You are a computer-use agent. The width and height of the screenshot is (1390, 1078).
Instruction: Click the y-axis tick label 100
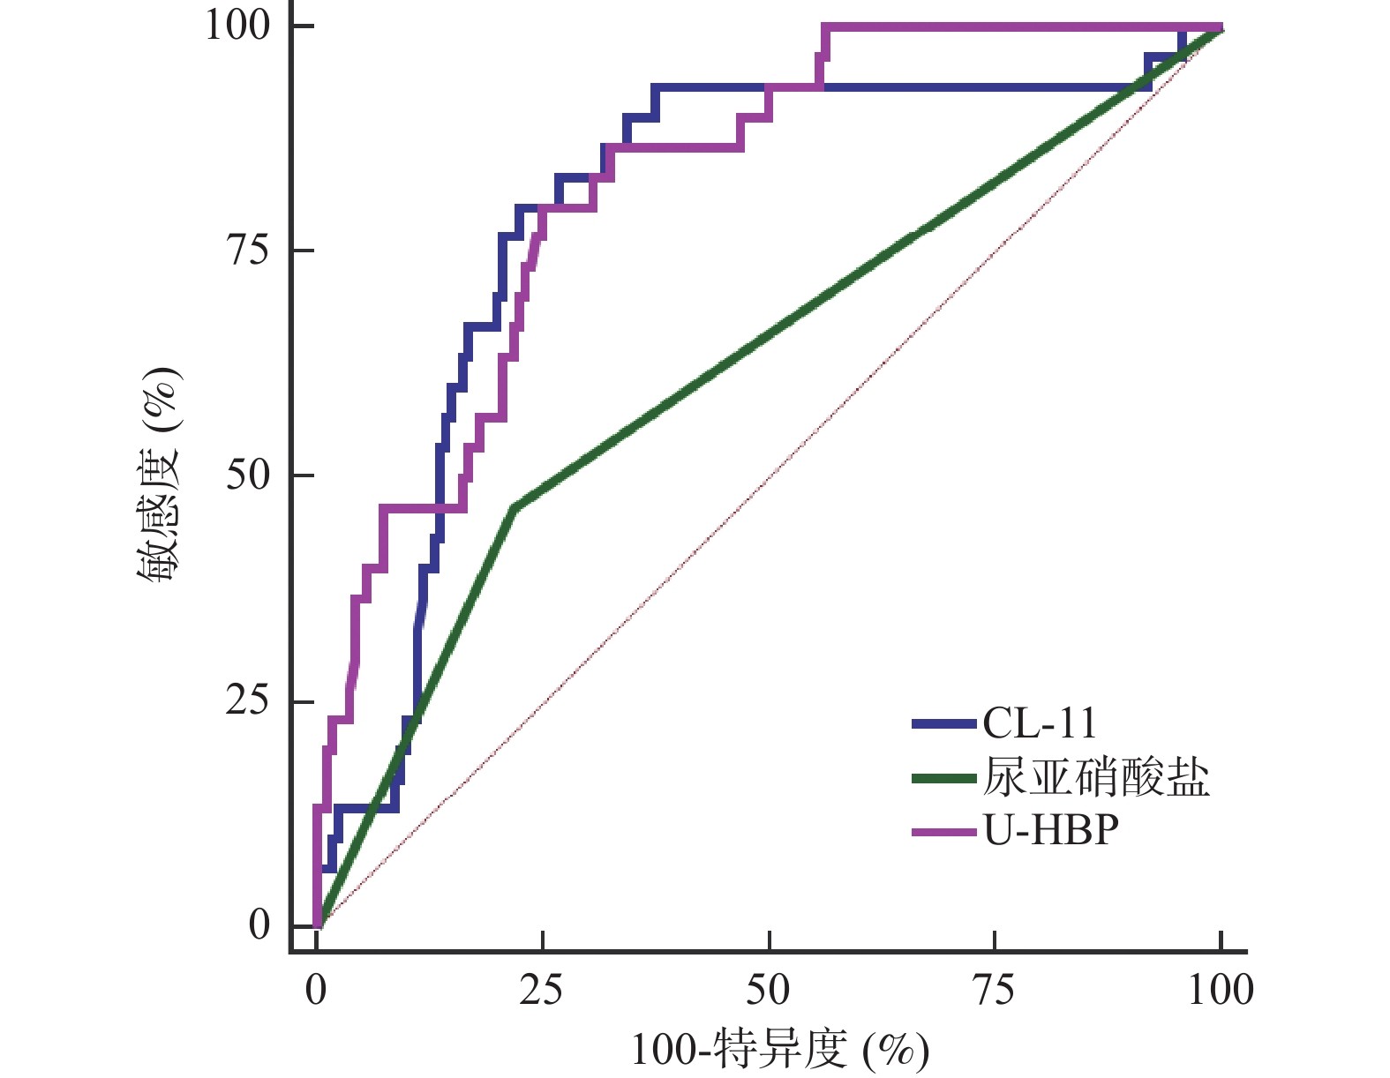(x=237, y=25)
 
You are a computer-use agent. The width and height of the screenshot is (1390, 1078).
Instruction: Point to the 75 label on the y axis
(x=248, y=251)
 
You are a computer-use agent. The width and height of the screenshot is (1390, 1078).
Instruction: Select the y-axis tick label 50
(x=248, y=475)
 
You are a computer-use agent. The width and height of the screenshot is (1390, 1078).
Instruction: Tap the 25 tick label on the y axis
(x=248, y=701)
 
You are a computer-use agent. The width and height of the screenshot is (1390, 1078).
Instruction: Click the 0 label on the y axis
(x=259, y=925)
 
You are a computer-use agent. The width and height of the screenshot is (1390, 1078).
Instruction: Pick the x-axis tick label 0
(x=316, y=991)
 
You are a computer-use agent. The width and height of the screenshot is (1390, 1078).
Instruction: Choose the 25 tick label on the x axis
(x=541, y=991)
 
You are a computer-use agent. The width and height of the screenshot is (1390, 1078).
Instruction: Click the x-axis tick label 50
(x=768, y=991)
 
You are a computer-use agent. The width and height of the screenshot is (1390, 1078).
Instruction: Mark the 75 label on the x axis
(x=994, y=991)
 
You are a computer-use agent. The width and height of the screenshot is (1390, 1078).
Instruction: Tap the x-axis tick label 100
(x=1220, y=991)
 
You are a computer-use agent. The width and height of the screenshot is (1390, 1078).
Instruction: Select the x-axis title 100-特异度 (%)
(x=780, y=1050)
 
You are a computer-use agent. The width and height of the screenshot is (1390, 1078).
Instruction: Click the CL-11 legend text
(x=1040, y=724)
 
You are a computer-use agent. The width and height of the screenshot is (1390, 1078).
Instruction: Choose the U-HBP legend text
(x=1050, y=830)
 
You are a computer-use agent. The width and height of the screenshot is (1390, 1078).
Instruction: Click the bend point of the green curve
(x=514, y=507)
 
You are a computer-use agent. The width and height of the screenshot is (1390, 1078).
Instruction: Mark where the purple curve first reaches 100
(x=824, y=27)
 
